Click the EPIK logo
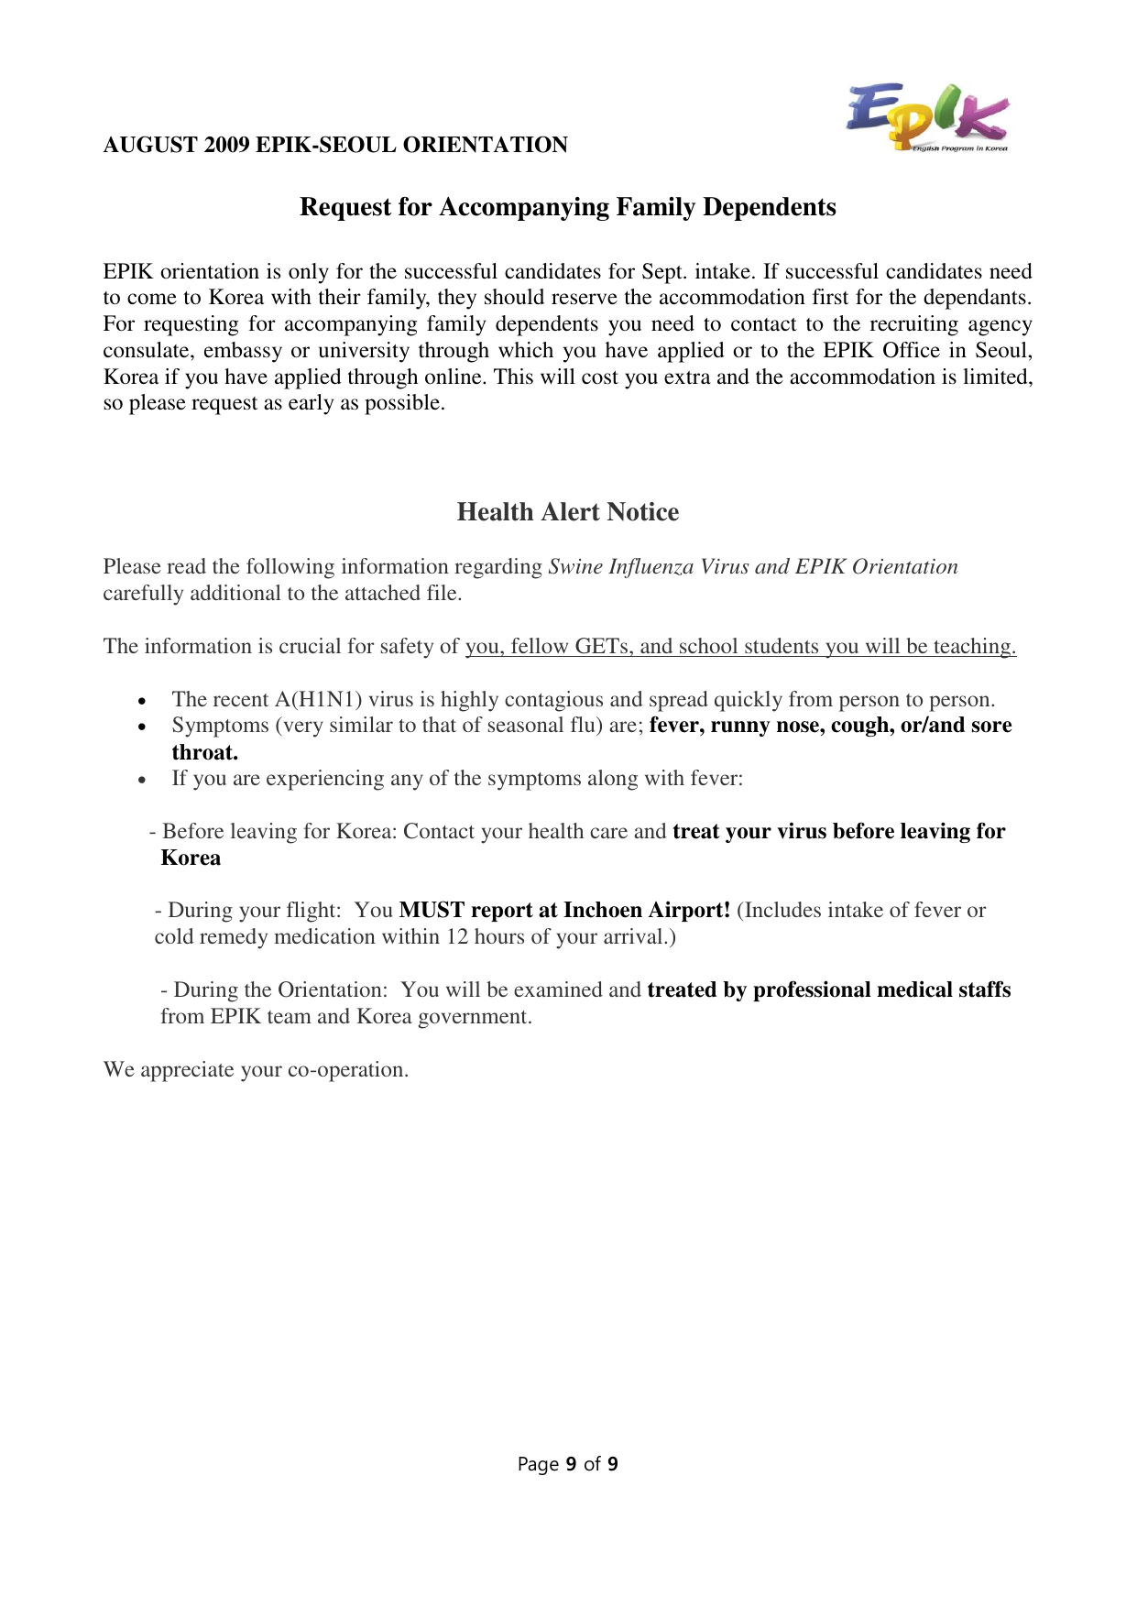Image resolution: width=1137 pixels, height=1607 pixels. pos(926,117)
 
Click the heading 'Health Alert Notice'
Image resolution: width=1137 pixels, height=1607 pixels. pos(567,512)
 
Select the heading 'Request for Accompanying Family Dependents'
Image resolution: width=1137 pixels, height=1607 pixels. pos(567,207)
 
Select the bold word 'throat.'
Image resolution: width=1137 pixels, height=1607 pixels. pos(204,753)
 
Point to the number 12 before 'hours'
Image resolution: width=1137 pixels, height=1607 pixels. pos(457,937)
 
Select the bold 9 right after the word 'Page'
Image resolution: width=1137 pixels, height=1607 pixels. pos(571,1464)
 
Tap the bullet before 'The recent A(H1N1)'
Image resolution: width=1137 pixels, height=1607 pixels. pos(142,702)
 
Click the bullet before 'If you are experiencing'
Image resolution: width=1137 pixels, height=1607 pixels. pos(142,781)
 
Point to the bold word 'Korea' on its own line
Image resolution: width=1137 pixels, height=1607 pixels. pos(191,858)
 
